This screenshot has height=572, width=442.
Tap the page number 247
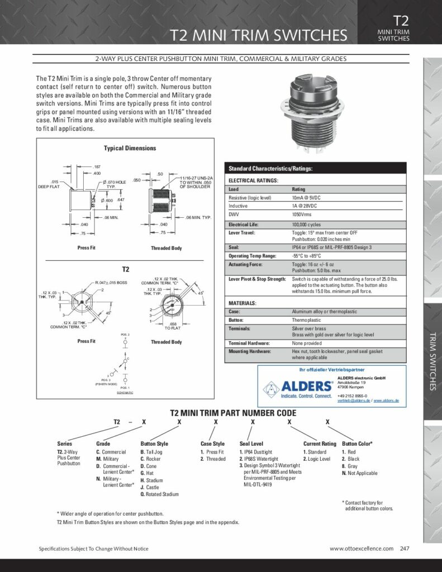pyautogui.click(x=405, y=549)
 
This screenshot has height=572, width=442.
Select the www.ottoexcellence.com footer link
pyautogui.click(x=362, y=549)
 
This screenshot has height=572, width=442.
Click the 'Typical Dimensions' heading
pyautogui.click(x=130, y=148)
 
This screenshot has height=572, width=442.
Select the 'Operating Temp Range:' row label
pyautogui.click(x=252, y=255)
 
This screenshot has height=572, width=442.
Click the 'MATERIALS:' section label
pyautogui.click(x=243, y=303)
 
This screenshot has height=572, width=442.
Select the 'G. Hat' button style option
pyautogui.click(x=147, y=473)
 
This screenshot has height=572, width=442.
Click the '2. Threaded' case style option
pyautogui.click(x=213, y=459)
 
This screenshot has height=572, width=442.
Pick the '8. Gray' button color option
pyautogui.click(x=350, y=466)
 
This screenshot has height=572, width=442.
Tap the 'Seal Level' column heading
pyautogui.click(x=251, y=444)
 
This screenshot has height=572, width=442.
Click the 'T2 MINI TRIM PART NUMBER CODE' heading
pyautogui.click(x=233, y=413)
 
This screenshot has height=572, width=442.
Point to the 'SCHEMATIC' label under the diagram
pyautogui.click(x=125, y=393)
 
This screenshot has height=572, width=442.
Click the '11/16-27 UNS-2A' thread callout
pyautogui.click(x=195, y=176)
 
